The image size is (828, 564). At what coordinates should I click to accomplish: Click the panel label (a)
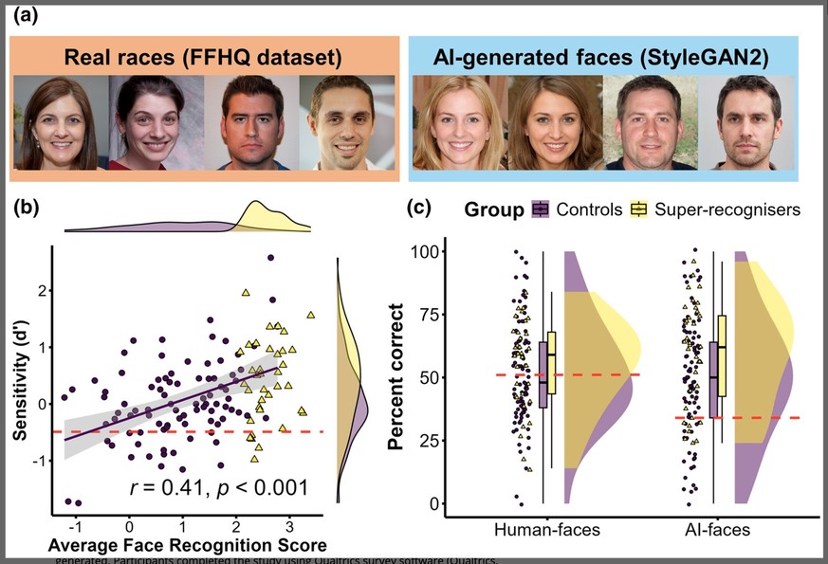(22, 16)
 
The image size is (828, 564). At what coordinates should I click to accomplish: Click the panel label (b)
(23, 208)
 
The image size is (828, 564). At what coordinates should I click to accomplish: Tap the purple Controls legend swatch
(542, 209)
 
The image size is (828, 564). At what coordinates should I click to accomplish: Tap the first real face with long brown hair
(58, 123)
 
